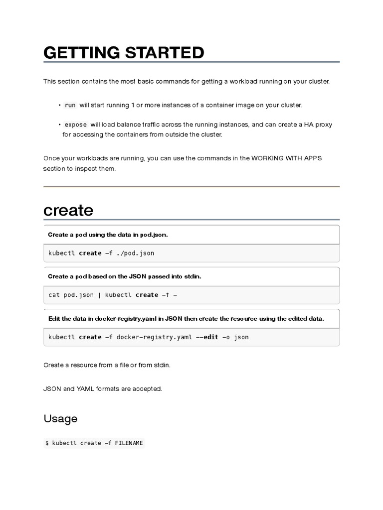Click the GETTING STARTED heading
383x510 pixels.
124,52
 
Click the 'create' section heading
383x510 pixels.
68,210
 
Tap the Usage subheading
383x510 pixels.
60,418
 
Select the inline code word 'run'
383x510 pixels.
70,105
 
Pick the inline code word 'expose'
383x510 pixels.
76,125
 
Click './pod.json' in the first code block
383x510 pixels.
136,253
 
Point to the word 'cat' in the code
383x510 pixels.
54,295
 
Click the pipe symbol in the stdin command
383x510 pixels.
100,295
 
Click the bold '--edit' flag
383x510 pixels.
207,337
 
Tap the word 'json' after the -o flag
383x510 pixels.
241,337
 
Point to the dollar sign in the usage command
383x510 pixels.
47,443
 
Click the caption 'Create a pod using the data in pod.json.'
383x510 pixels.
108,235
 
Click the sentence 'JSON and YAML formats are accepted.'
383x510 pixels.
103,388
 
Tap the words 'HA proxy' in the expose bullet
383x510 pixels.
318,125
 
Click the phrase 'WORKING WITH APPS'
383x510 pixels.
287,158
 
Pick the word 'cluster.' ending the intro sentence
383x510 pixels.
317,81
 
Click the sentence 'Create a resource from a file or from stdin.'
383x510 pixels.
107,365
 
